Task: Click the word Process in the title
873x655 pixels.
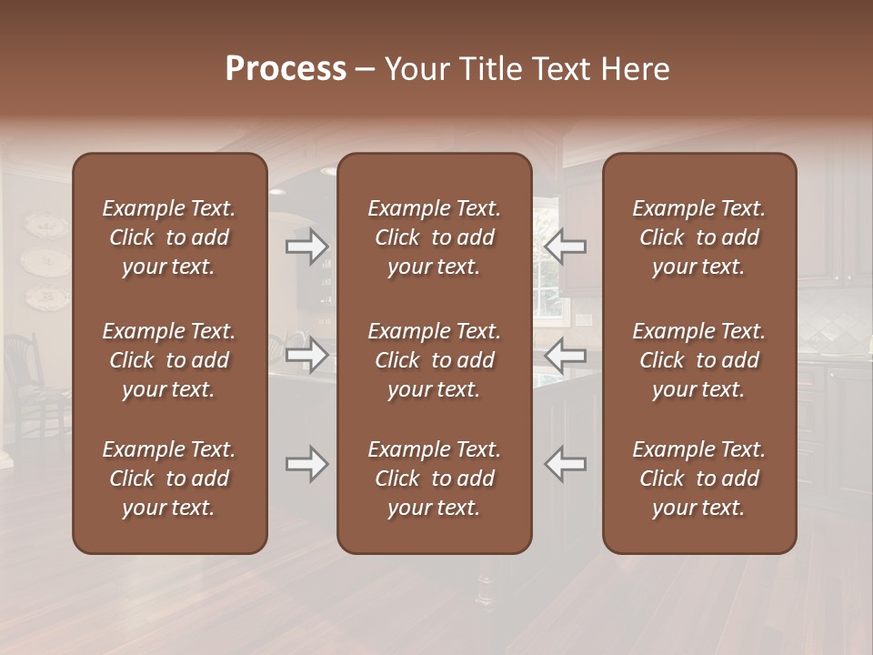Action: pyautogui.click(x=286, y=69)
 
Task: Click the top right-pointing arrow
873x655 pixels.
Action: pyautogui.click(x=307, y=246)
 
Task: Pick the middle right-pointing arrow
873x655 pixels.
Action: pyautogui.click(x=307, y=356)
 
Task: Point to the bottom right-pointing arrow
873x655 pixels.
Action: pyautogui.click(x=307, y=464)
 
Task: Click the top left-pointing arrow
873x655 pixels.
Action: pyautogui.click(x=565, y=246)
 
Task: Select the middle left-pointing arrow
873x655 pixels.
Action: pyautogui.click(x=565, y=356)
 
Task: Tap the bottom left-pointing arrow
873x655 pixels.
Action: pyautogui.click(x=565, y=464)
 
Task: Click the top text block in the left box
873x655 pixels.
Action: pyautogui.click(x=169, y=237)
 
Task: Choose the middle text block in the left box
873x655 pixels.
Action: pyautogui.click(x=169, y=360)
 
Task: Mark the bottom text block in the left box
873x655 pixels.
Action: pyautogui.click(x=169, y=479)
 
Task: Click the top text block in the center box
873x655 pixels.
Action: pyautogui.click(x=435, y=237)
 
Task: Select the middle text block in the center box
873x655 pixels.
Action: pyautogui.click(x=435, y=360)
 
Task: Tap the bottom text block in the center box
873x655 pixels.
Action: pyautogui.click(x=435, y=479)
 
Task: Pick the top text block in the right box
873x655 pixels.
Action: pyautogui.click(x=699, y=237)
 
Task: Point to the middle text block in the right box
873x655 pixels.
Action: pyautogui.click(x=699, y=360)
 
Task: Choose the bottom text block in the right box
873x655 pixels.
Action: pyautogui.click(x=699, y=479)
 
